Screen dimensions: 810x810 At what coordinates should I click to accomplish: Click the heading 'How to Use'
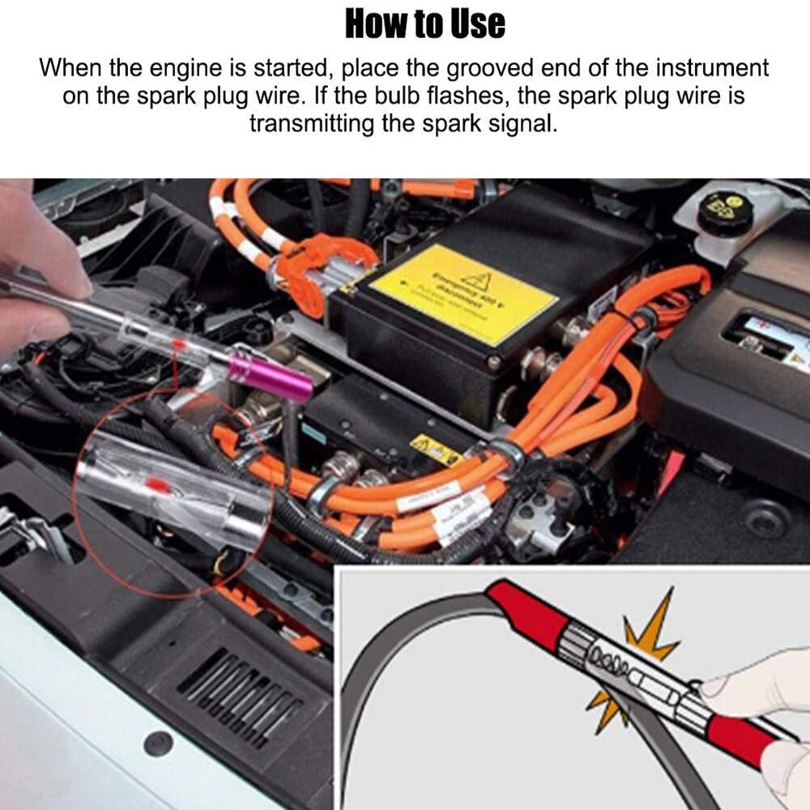(x=425, y=23)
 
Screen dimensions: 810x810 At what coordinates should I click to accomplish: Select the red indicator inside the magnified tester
(x=159, y=484)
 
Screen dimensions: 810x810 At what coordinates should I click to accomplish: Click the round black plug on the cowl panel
(x=157, y=743)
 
